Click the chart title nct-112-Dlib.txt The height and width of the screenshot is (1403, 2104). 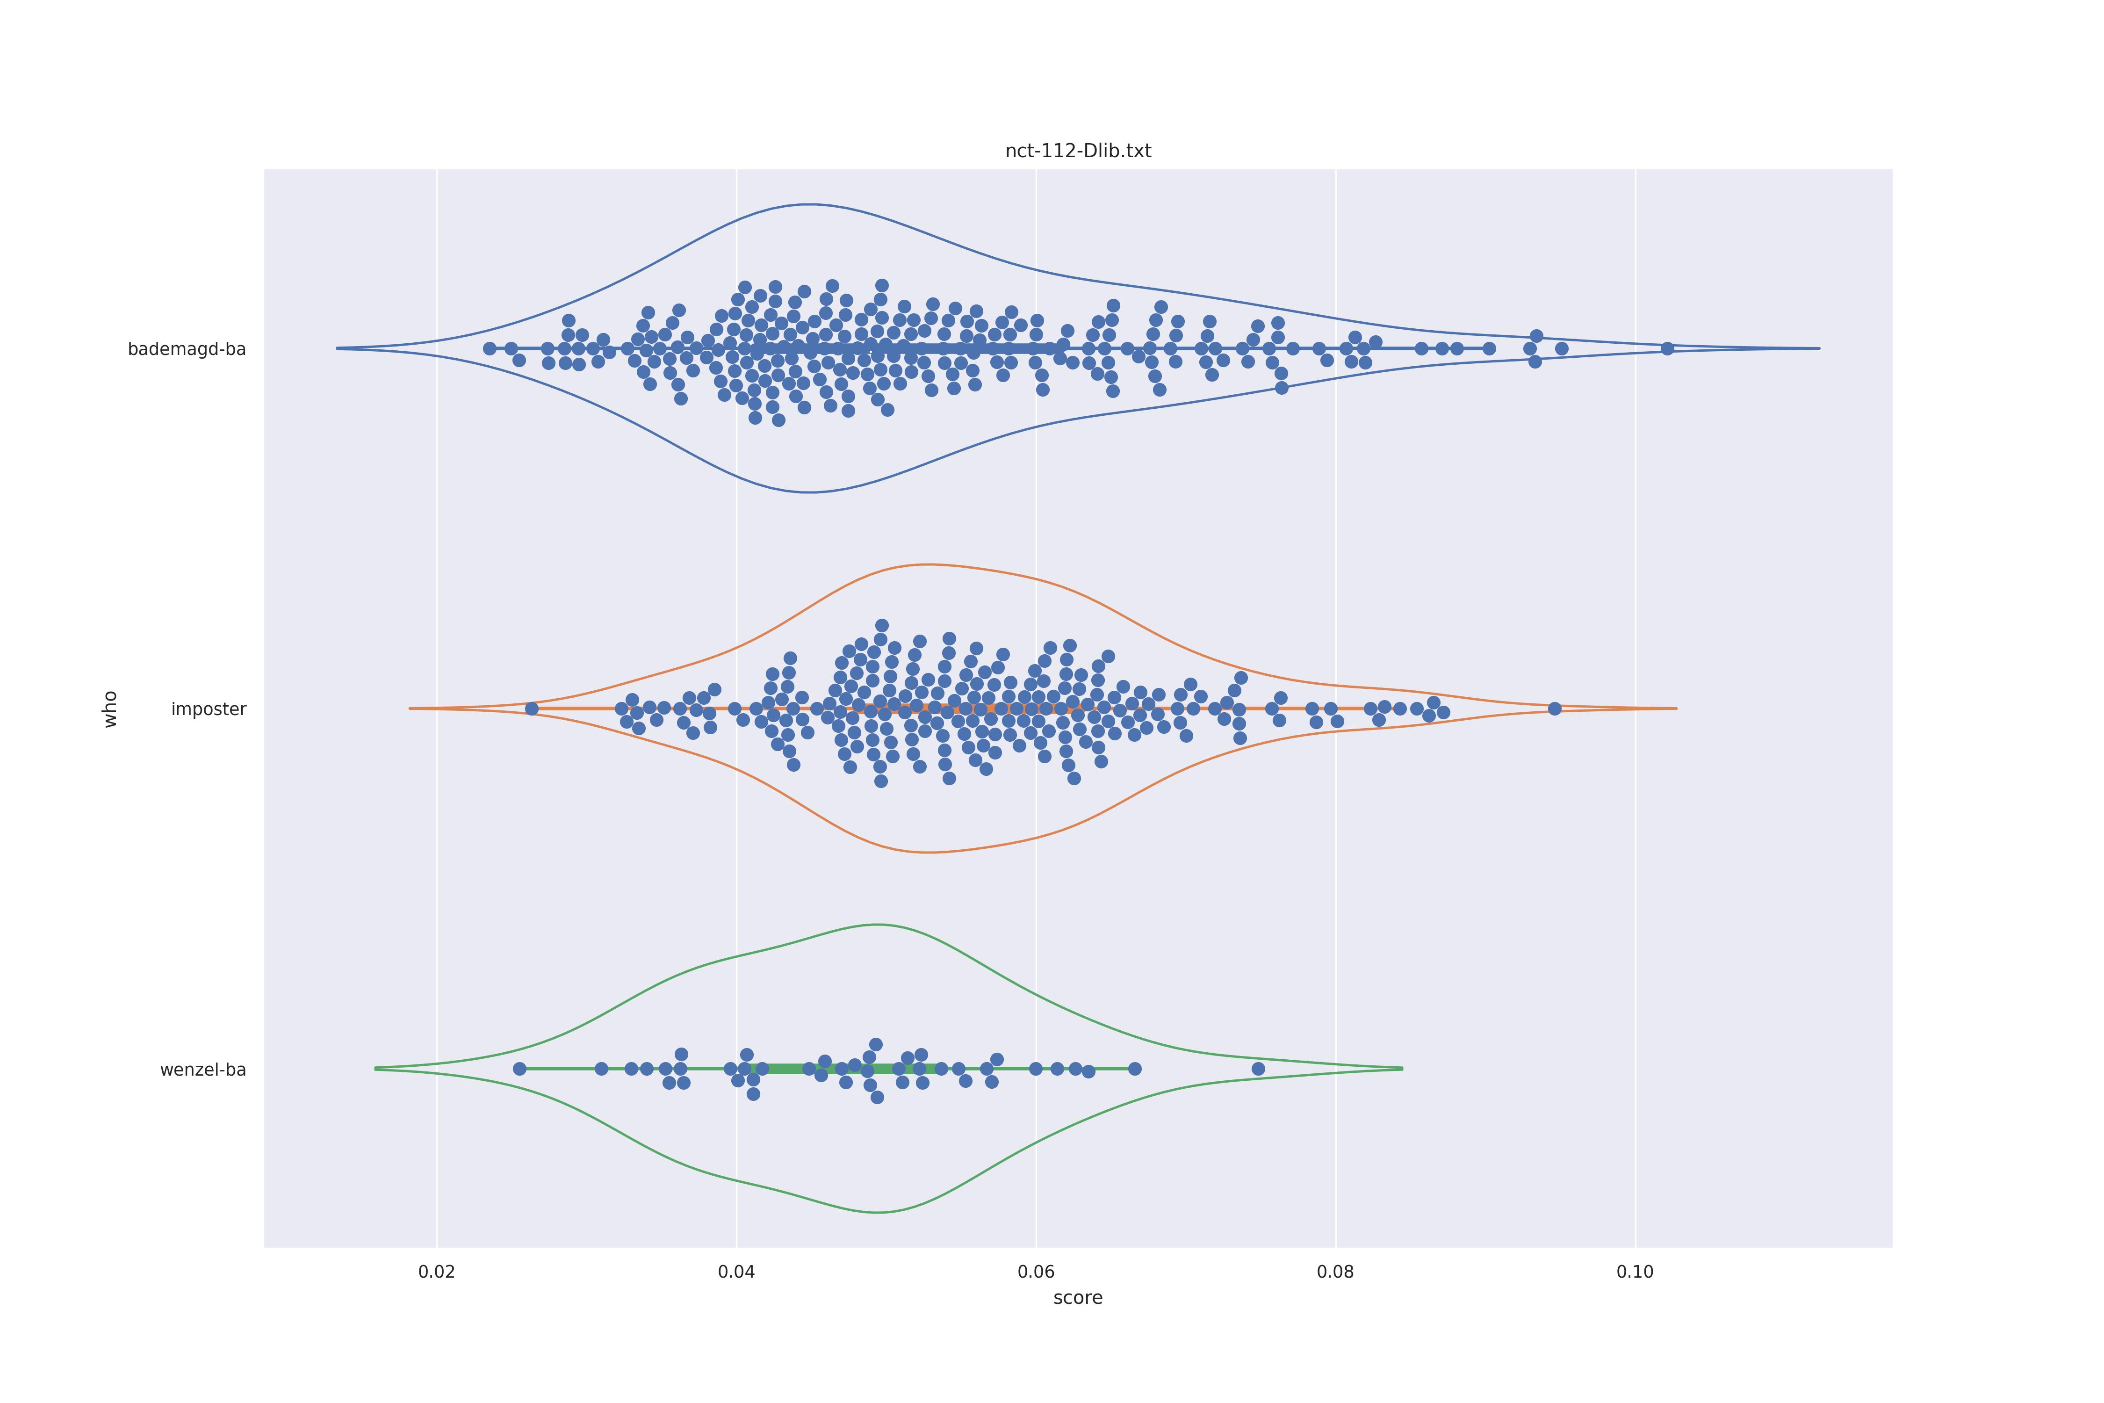[x=1078, y=151]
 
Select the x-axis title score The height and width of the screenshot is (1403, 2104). [x=1078, y=1298]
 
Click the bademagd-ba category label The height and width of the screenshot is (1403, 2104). [x=187, y=349]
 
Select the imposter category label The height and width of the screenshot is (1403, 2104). [x=209, y=709]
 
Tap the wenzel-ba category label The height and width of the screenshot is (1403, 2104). [x=203, y=1070]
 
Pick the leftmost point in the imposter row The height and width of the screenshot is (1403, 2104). [x=531, y=709]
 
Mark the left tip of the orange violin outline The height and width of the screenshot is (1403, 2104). [x=410, y=709]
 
